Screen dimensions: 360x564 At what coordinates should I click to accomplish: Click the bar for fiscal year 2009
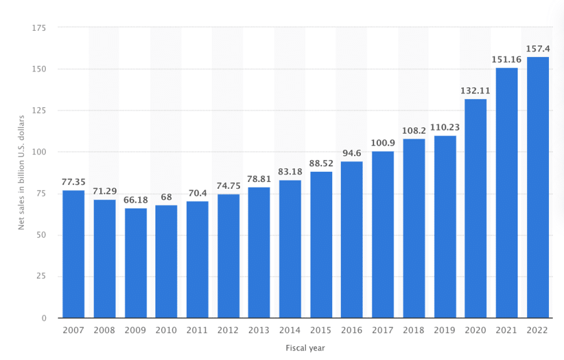[135, 263]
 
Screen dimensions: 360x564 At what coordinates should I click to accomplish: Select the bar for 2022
[538, 188]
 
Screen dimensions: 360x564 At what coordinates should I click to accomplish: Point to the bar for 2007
[73, 254]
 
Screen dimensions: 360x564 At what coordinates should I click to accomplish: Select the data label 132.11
[476, 90]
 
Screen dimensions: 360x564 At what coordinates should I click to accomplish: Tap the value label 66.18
[135, 199]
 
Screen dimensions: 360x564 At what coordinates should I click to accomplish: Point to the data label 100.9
[383, 142]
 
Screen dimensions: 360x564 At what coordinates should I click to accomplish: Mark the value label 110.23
[445, 127]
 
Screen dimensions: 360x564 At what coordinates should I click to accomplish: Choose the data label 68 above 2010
[166, 197]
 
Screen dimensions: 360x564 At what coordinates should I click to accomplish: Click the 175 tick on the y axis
[40, 28]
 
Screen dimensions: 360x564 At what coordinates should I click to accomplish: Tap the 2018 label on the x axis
[414, 330]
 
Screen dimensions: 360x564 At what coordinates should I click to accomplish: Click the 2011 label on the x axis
[197, 330]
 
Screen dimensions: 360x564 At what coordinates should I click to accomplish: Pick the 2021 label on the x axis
[506, 330]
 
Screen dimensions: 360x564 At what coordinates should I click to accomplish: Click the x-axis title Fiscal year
[305, 347]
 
